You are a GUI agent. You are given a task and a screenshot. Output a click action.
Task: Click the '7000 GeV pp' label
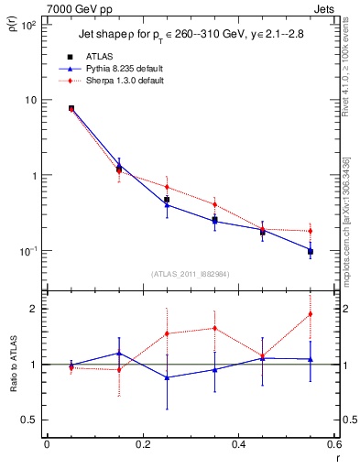[64, 7]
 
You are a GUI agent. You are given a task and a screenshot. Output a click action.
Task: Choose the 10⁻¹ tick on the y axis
[27, 251]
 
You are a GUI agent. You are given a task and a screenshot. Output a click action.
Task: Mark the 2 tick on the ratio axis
[32, 309]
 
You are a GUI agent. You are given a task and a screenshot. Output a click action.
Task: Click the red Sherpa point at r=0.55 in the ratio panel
[311, 314]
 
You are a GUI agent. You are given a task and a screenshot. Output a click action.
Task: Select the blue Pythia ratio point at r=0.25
[167, 377]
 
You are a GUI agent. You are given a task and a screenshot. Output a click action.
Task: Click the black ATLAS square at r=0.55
[311, 251]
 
